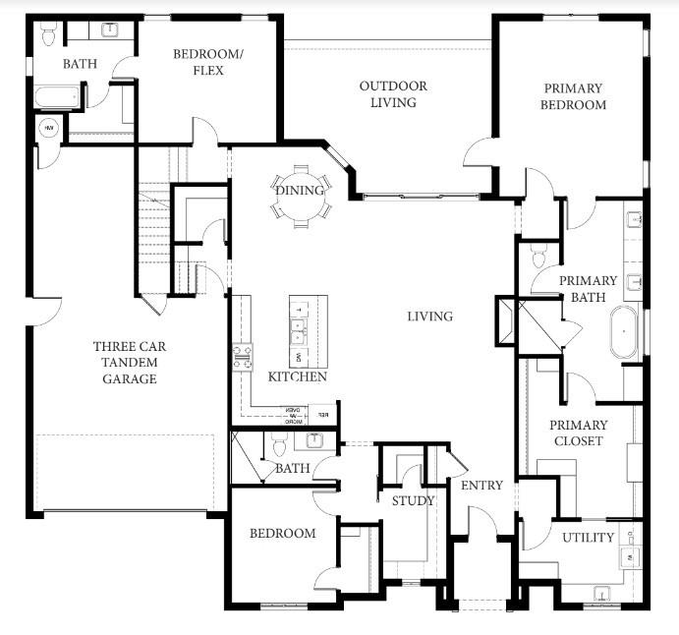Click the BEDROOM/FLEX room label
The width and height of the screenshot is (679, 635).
tap(198, 62)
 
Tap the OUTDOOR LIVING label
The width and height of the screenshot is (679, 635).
tap(392, 94)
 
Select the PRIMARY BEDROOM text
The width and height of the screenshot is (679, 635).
tap(573, 96)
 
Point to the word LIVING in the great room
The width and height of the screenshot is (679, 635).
tap(430, 317)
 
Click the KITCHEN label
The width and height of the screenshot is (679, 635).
tap(297, 377)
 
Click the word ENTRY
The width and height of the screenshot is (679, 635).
tap(481, 486)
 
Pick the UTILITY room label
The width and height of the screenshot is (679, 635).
tap(588, 538)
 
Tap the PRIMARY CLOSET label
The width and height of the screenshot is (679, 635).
tap(578, 433)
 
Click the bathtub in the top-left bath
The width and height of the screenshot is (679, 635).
tap(57, 98)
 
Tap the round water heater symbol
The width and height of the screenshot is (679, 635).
tap(48, 128)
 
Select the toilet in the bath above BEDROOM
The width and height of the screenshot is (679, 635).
tap(278, 448)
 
